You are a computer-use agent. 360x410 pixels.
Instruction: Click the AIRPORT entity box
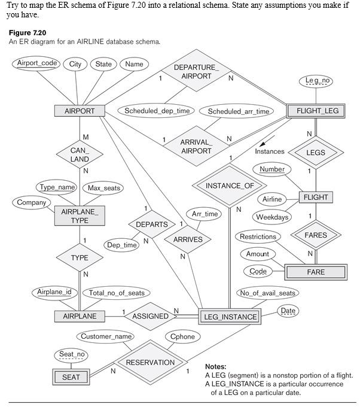point(80,111)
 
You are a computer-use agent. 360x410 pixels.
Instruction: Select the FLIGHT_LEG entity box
point(317,111)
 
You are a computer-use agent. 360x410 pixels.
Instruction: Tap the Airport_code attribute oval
point(37,63)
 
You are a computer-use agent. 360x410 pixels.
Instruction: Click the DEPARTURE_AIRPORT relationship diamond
point(196,72)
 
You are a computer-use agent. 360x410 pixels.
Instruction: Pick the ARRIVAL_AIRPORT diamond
point(196,146)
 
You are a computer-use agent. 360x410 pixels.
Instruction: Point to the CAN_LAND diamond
point(80,155)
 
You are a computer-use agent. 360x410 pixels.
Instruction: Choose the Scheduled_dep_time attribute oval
point(157,111)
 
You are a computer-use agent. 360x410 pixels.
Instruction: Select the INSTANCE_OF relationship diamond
point(230,186)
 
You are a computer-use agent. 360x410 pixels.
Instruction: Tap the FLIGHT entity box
point(316,197)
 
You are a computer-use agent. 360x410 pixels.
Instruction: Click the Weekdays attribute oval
point(273,217)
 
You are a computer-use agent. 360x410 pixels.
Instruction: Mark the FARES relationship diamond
point(316,235)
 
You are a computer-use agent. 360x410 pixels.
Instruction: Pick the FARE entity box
point(316,272)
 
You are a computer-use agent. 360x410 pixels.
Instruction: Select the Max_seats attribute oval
point(104,188)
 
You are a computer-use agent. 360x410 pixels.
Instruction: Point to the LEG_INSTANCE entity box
point(230,317)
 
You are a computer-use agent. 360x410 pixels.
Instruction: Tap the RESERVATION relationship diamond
point(150,362)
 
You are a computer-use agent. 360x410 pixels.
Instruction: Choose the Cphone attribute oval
point(183,336)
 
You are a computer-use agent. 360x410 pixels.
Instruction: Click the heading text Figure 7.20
point(28,32)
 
